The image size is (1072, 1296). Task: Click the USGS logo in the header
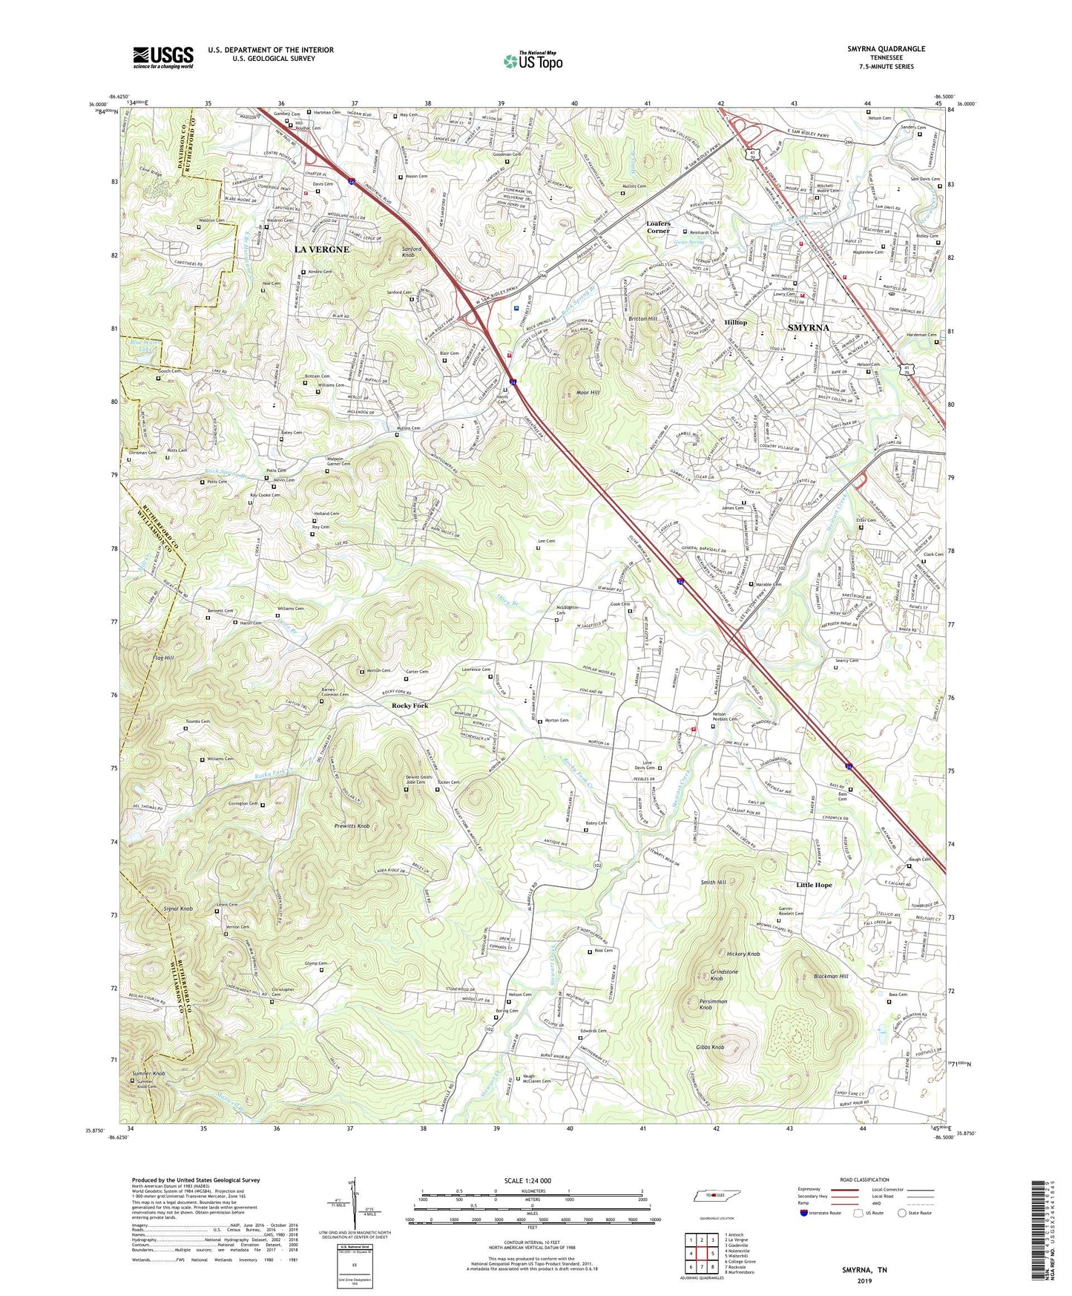163,57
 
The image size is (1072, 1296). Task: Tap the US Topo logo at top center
532,61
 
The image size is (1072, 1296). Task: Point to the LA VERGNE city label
321,249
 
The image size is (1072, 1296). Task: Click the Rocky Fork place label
410,705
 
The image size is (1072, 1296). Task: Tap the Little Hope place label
814,885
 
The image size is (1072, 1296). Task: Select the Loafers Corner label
658,227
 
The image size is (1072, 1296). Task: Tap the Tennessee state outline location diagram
714,1196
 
